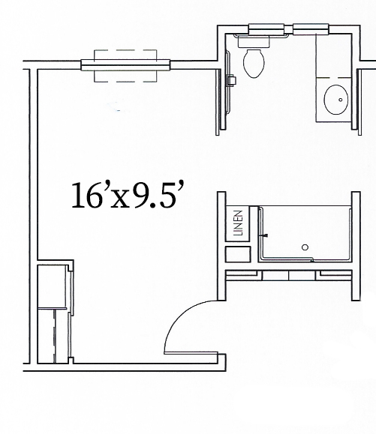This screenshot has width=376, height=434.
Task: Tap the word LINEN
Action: tap(239, 223)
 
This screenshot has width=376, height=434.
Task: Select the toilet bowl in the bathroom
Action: tap(254, 64)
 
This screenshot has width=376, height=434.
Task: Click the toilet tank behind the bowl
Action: tap(254, 41)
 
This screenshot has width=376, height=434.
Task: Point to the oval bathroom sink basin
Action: tap(336, 100)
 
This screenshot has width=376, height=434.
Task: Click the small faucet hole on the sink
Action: tap(341, 100)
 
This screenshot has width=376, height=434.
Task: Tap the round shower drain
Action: tap(305, 247)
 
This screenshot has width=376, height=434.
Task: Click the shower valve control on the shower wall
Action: tap(265, 235)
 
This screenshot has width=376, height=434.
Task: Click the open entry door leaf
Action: tap(191, 352)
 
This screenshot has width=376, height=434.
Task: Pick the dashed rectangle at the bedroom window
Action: tap(125, 66)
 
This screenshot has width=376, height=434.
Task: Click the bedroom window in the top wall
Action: tap(125, 64)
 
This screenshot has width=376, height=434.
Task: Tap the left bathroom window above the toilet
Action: tap(266, 29)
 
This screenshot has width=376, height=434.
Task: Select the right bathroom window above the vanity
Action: tap(311, 29)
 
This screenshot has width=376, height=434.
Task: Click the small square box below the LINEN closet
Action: tap(238, 254)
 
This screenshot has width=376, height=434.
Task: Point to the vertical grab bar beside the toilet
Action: tap(228, 82)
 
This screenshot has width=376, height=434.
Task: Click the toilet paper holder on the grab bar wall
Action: tap(232, 80)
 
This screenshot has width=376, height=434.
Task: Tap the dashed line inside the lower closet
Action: tap(55, 336)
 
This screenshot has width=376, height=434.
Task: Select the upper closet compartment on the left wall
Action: tap(53, 286)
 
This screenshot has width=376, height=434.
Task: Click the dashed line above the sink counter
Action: tap(334, 78)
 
